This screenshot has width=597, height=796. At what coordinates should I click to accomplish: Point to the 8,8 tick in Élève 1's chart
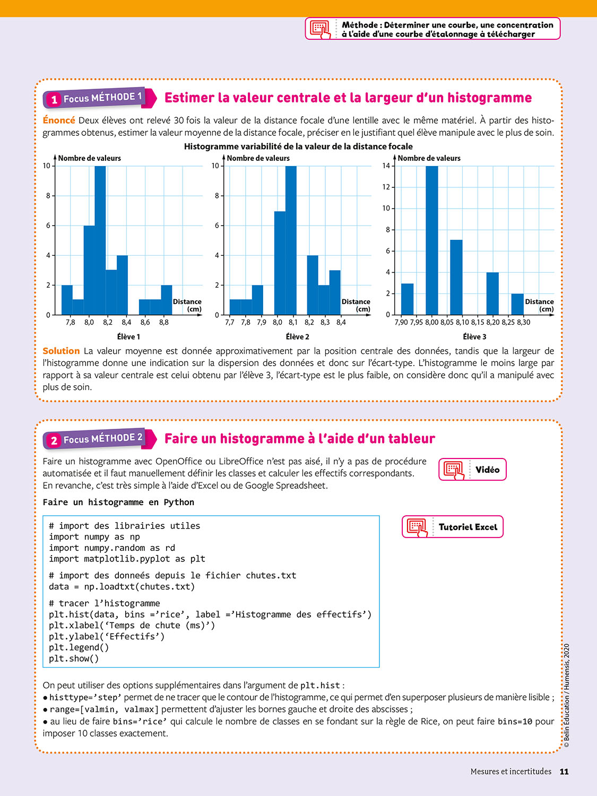pos(164,322)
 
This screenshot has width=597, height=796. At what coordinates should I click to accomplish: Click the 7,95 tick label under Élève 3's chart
pos(417,322)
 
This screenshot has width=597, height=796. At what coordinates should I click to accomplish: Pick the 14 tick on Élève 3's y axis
pos(386,166)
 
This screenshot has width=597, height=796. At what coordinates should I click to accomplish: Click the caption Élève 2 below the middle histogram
pos(297,337)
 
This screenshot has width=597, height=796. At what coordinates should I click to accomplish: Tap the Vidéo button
pos(472,470)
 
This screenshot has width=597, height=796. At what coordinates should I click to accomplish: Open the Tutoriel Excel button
pos(452,527)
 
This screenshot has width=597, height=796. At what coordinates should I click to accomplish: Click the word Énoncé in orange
pos(59,120)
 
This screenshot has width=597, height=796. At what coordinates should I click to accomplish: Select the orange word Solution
pos(61,351)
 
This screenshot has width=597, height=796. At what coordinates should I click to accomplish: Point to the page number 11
pos(564,772)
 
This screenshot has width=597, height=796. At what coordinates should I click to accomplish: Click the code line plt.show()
pos(74,659)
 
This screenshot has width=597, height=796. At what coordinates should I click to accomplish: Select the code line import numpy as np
pos(94,537)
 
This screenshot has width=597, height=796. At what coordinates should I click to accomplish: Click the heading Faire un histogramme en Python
pos(118,502)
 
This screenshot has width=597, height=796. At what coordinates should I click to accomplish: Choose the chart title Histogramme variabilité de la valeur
pos(298,146)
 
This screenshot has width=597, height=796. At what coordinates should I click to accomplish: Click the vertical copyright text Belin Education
pos(567,695)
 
